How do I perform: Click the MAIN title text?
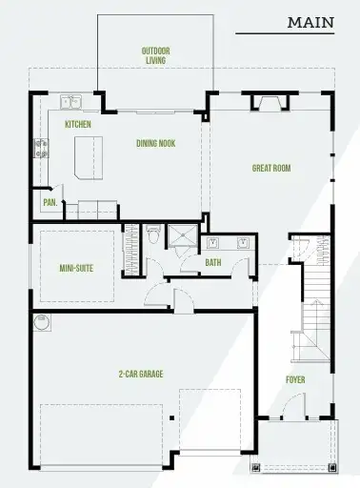311,20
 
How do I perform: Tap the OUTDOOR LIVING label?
154,55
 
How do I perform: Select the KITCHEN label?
77,125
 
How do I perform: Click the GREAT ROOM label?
270,169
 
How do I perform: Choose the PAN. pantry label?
49,202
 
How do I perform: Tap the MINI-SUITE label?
74,268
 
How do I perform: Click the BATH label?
212,262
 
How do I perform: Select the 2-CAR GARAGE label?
140,374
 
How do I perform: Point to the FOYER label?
295,379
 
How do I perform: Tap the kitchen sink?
72,100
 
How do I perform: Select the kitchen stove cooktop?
42,148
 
